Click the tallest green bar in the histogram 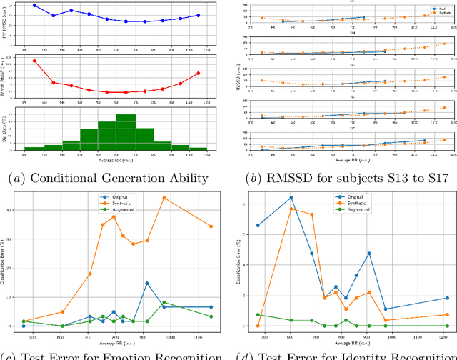coord(126,131)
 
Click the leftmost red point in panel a coord(35,61)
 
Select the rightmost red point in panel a coord(199,73)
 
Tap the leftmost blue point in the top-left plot coord(35,5)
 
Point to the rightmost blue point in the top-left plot coord(199,15)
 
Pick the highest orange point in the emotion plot coord(164,198)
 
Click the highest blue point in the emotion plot coord(147,284)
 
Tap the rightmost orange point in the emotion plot coord(211,226)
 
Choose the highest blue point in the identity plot coord(291,198)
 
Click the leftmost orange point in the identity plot coord(258,326)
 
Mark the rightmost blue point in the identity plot coord(447,298)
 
